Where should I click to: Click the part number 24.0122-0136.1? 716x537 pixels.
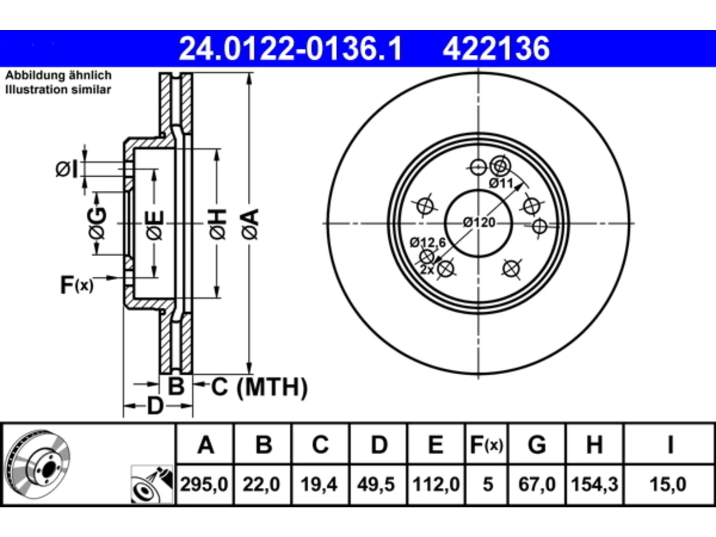[x=291, y=49]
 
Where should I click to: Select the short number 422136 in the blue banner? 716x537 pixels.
[x=496, y=49]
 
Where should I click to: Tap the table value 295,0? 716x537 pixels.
[x=204, y=484]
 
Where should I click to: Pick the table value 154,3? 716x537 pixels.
[x=594, y=484]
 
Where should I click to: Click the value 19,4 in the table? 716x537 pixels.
[x=319, y=484]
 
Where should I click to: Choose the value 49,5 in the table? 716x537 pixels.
[x=376, y=484]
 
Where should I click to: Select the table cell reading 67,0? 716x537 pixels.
[x=537, y=484]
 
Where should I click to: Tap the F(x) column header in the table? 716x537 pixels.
[x=487, y=445]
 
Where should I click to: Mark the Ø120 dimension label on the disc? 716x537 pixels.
[x=479, y=223]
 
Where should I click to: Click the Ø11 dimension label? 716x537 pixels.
[x=501, y=183]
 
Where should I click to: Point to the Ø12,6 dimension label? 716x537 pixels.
[x=428, y=243]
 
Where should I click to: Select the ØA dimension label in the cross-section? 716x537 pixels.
[x=251, y=224]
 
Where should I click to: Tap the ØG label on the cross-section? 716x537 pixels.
[x=97, y=223]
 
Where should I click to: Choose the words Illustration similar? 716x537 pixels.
[x=58, y=89]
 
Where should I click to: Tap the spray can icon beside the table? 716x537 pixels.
[x=152, y=484]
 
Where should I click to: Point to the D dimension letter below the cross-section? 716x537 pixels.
[x=156, y=406]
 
